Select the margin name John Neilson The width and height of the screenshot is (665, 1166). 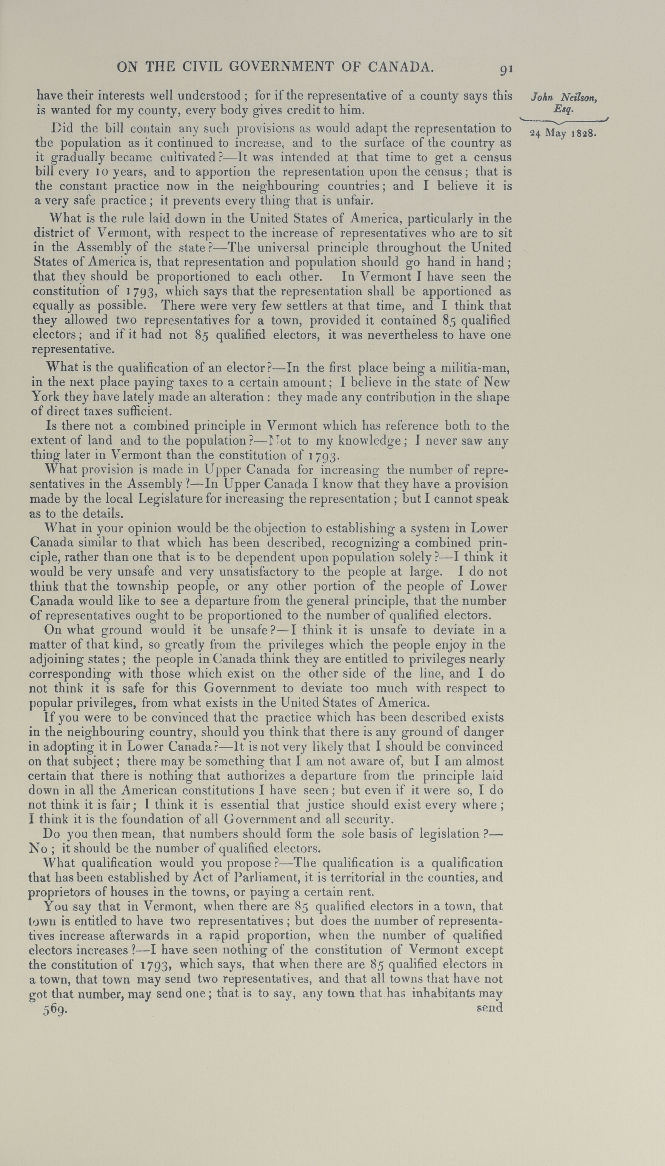coord(564,97)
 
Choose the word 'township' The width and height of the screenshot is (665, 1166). coord(142,586)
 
